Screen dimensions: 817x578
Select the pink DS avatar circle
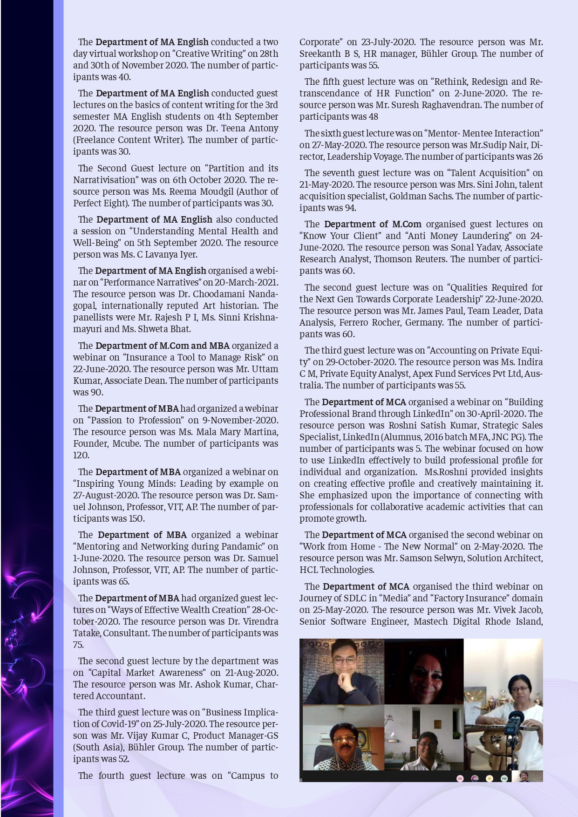460,778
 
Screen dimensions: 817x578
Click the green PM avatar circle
504,778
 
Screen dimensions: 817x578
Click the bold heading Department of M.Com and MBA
163,346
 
